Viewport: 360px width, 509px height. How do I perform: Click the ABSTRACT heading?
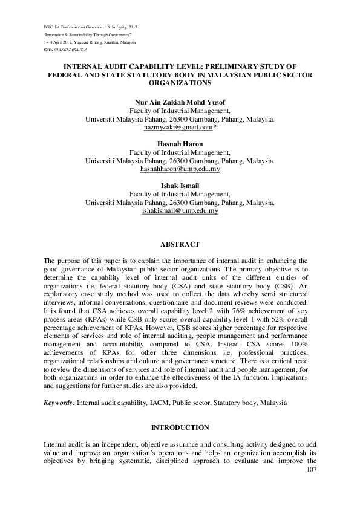[180, 245]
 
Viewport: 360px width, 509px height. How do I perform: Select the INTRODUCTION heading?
[180, 427]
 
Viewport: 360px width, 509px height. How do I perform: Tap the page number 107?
[312, 470]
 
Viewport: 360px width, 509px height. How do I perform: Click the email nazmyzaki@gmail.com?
[178, 128]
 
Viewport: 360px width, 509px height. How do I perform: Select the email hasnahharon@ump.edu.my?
[180, 170]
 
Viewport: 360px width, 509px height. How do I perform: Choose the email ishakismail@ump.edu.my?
[180, 212]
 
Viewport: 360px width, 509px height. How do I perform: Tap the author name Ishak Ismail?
[180, 186]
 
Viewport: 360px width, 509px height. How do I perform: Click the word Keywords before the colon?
[57, 402]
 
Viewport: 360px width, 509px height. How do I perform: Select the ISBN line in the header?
[61, 51]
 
